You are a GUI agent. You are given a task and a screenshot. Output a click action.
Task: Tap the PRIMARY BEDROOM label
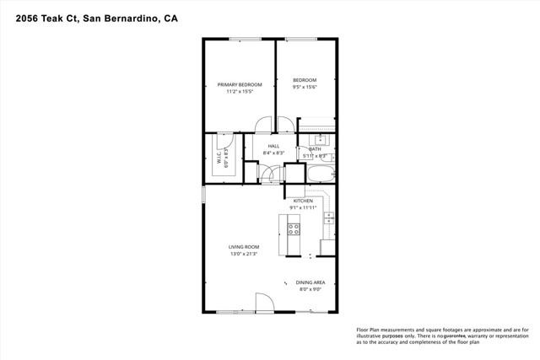click(240, 84)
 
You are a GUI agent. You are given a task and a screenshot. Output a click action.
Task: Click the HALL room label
click(273, 146)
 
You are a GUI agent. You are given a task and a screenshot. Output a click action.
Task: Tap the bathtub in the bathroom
click(321, 175)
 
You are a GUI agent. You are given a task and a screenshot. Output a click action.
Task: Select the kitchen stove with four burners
click(294, 228)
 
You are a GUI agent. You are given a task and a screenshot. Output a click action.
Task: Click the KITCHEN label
click(303, 201)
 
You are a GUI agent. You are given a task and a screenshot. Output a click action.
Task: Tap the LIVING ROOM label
click(243, 247)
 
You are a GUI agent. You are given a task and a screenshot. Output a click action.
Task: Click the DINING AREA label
click(311, 282)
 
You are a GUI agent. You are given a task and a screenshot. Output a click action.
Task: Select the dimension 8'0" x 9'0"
click(311, 289)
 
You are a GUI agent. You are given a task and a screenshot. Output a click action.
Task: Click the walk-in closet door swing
click(225, 140)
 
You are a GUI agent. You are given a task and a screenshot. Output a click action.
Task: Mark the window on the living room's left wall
click(203, 194)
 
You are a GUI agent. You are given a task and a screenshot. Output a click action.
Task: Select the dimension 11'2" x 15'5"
click(240, 91)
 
